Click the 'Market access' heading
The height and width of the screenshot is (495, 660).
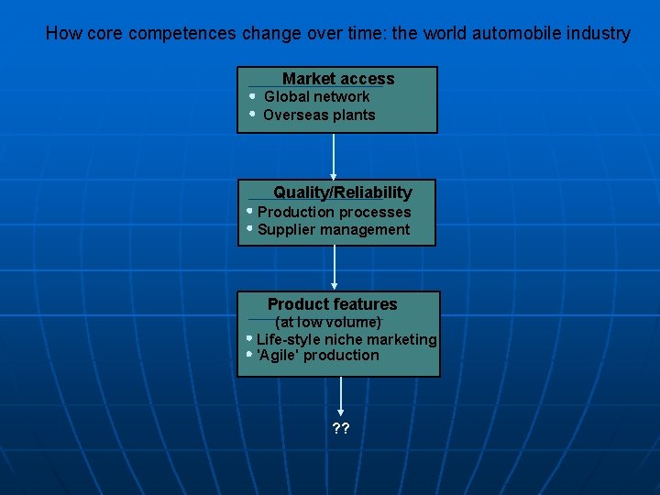pyautogui.click(x=338, y=79)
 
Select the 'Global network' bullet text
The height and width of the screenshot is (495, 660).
pyautogui.click(x=317, y=96)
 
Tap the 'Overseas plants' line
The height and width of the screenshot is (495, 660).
pyautogui.click(x=319, y=115)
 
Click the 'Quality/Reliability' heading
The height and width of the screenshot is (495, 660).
pyautogui.click(x=342, y=192)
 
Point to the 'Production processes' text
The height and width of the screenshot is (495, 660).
pyautogui.click(x=334, y=212)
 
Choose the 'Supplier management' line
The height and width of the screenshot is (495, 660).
pyautogui.click(x=334, y=229)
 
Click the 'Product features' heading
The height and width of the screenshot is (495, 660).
pyautogui.click(x=332, y=303)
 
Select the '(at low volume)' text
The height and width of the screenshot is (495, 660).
pyautogui.click(x=328, y=322)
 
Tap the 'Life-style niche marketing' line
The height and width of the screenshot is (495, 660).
pyautogui.click(x=346, y=339)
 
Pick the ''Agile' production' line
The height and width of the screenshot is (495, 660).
pyautogui.click(x=318, y=355)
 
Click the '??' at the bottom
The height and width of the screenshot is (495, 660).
pyautogui.click(x=341, y=428)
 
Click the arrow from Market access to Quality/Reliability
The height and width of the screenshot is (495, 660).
pyautogui.click(x=334, y=156)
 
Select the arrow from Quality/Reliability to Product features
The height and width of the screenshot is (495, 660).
pyautogui.click(x=334, y=268)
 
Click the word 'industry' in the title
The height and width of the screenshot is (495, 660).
pyautogui.click(x=597, y=34)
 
